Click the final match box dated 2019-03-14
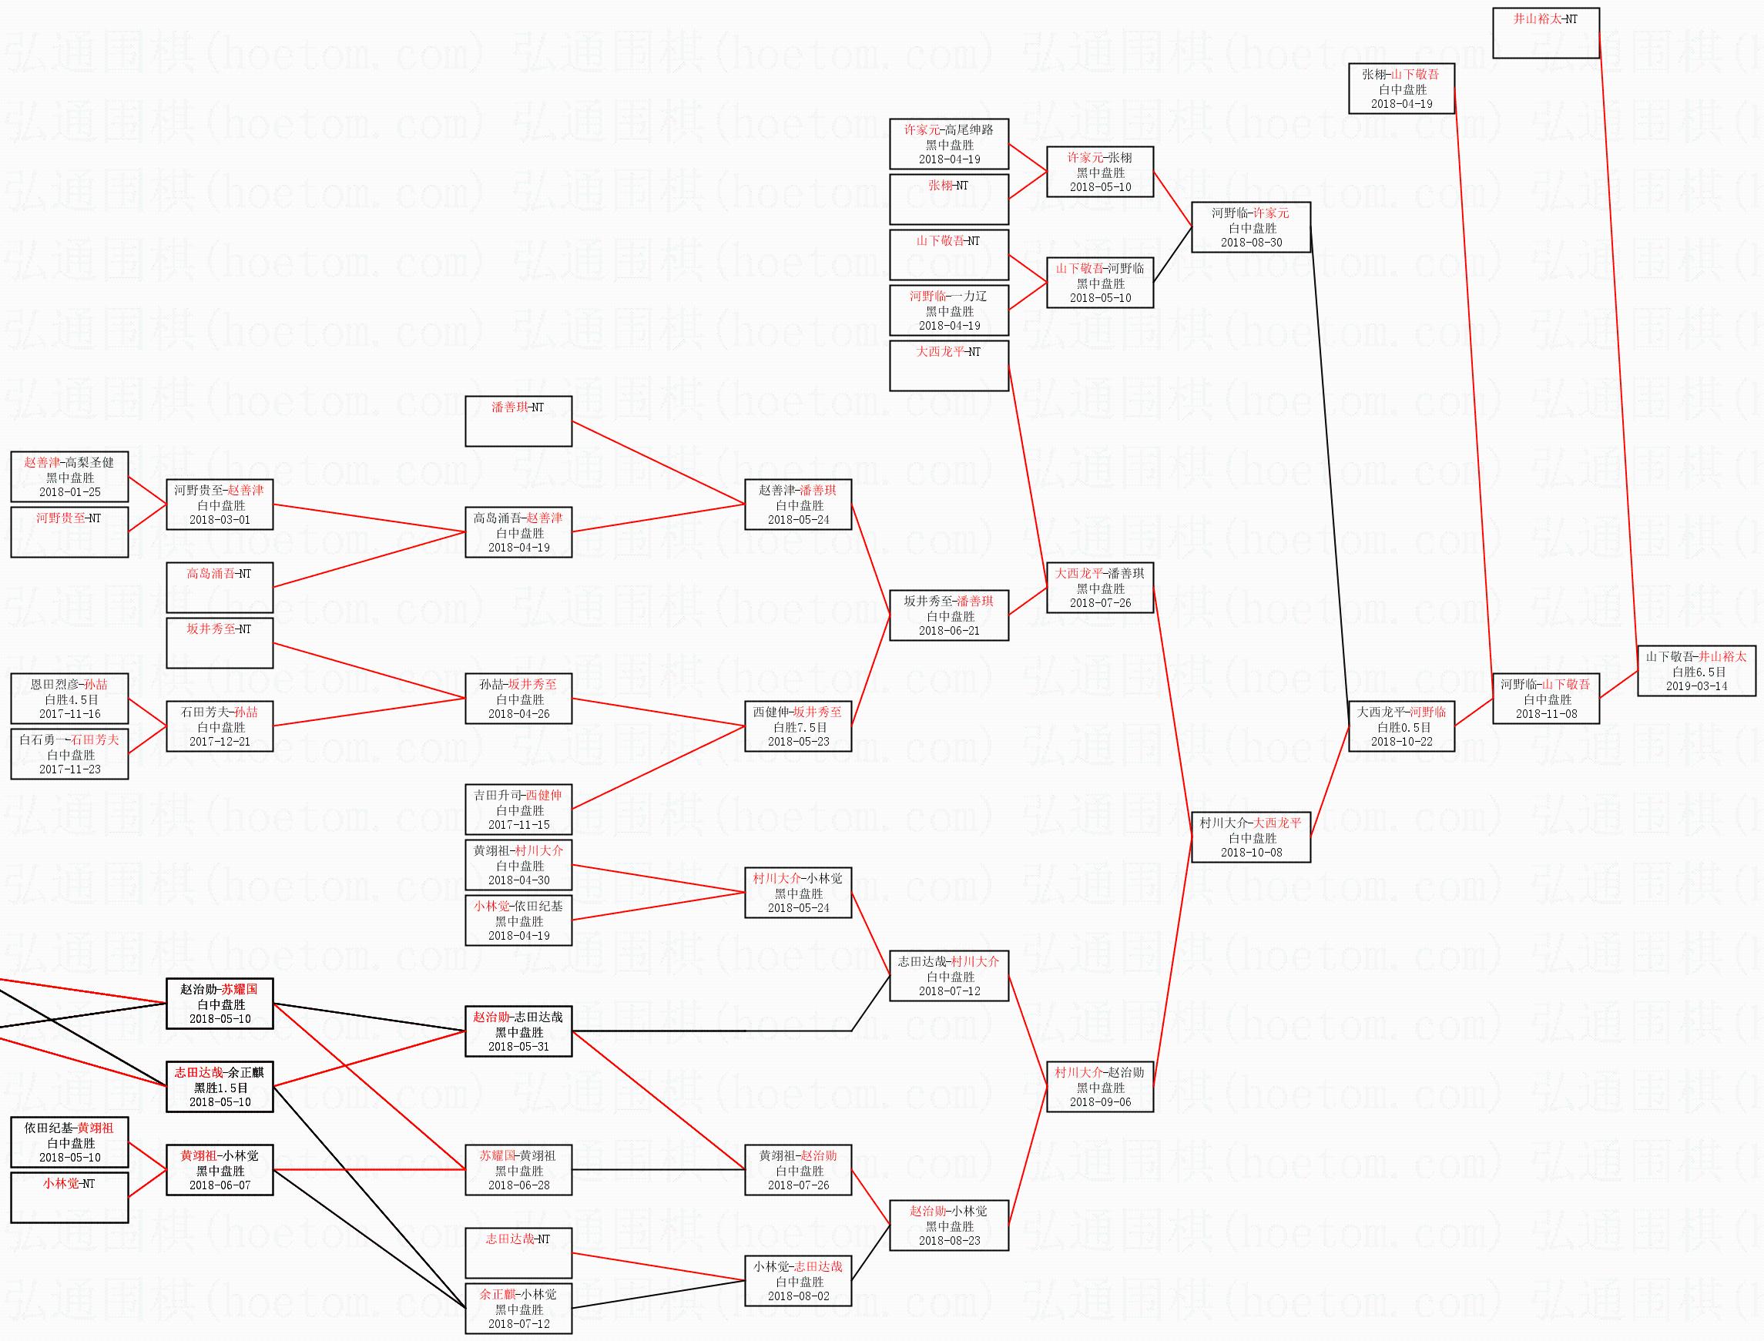tap(1695, 670)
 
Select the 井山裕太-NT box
tap(1545, 32)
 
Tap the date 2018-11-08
tap(1546, 713)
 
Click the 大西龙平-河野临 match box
tap(1401, 726)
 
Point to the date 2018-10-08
tap(1251, 853)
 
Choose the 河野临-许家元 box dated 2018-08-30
tap(1251, 227)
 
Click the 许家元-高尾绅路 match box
tap(948, 145)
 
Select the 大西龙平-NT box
tap(948, 366)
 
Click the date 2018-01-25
tap(69, 492)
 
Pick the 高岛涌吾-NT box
tap(220, 588)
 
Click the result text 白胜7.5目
tap(798, 727)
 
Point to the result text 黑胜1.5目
tap(220, 1087)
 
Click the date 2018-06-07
tap(220, 1185)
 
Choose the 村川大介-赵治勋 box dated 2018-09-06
tap(1099, 1087)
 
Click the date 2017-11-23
tap(69, 769)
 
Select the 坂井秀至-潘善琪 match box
tap(948, 615)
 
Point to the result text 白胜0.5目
tap(1402, 727)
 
